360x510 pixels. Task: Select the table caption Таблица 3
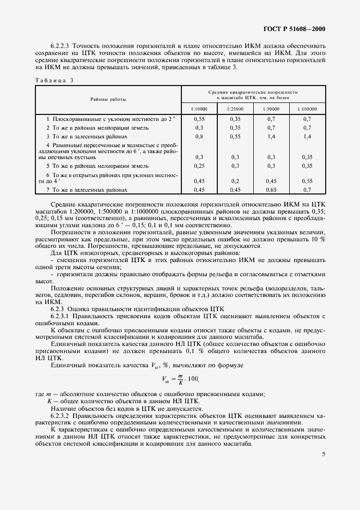coord(54,80)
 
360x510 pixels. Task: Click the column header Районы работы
coord(108,100)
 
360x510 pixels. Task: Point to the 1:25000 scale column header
coord(235,109)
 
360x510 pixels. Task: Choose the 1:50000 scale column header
coord(271,109)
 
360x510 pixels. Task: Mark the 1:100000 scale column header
coord(307,109)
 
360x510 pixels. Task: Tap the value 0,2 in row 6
coord(235,181)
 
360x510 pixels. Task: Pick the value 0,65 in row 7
coord(271,190)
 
